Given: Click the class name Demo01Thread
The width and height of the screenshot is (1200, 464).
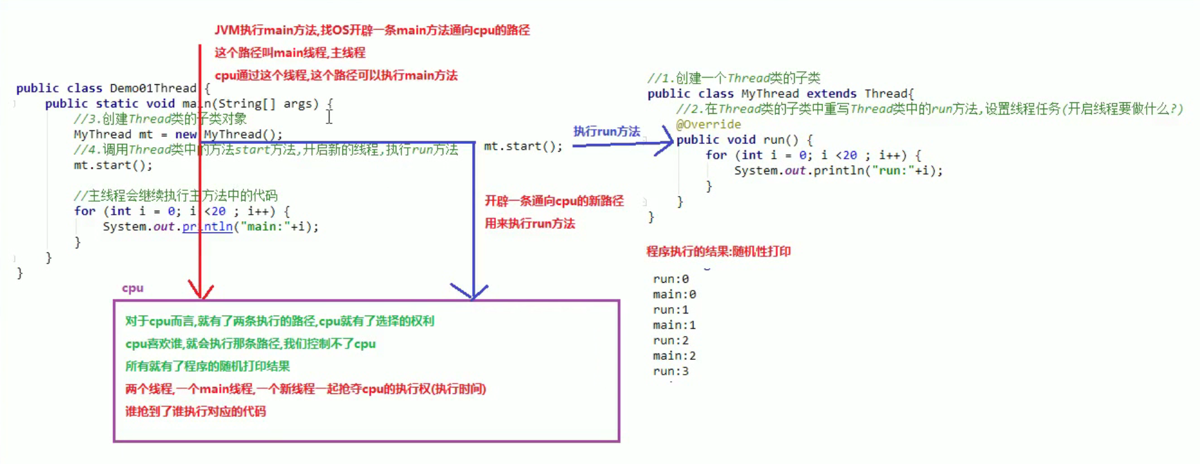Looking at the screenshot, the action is point(153,88).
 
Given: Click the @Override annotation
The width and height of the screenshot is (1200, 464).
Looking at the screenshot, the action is point(709,124).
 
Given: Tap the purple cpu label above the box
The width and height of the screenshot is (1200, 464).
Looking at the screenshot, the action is point(132,288).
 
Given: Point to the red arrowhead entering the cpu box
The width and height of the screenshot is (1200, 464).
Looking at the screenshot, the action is point(200,290).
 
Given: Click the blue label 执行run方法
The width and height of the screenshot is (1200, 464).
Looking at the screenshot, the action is point(606,131).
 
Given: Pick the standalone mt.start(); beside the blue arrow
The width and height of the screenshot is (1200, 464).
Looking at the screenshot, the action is point(523,147).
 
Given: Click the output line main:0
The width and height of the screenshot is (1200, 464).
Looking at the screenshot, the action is point(675,294).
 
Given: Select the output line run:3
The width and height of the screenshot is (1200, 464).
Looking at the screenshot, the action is point(671,371).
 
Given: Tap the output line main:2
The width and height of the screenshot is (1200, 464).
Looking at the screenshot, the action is point(675,356).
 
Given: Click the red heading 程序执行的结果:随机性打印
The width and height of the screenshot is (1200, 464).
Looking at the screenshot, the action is point(718,251).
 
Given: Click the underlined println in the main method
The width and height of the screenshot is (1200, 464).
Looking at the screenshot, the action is point(207,227).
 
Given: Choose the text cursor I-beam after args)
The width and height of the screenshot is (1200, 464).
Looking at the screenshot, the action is point(329,117).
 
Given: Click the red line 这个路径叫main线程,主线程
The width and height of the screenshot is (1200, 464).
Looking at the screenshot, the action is point(290,53).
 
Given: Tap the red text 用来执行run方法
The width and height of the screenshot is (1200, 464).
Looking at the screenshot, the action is point(530,224).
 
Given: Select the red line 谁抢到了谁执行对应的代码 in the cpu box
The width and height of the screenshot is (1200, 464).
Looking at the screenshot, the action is point(195,411).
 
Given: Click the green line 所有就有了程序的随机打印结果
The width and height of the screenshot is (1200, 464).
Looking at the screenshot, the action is point(207,366).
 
